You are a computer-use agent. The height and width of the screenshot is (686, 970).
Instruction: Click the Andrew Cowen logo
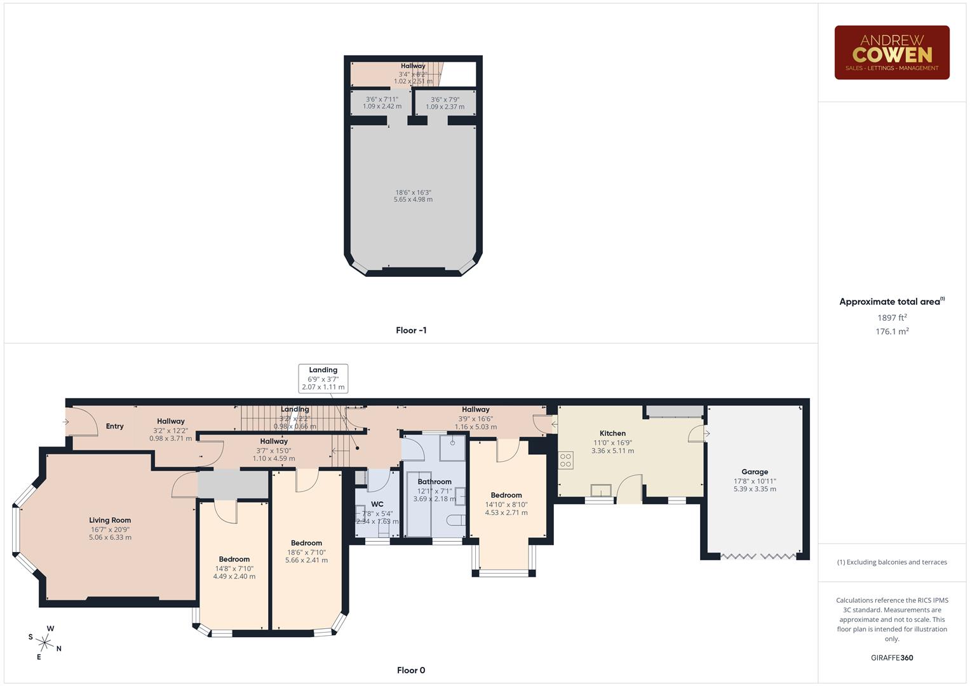coord(891,53)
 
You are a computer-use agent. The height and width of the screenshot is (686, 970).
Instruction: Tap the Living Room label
coord(110,520)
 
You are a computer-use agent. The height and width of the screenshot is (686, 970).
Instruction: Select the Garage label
coord(755,472)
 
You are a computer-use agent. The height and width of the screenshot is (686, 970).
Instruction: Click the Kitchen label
coord(612,433)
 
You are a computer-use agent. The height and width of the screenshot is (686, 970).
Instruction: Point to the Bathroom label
coord(434,481)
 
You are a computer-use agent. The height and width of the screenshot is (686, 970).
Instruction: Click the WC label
coord(377,504)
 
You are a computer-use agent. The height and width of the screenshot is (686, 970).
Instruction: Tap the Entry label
coord(115,426)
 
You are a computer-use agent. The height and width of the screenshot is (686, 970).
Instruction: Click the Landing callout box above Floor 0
coord(323,379)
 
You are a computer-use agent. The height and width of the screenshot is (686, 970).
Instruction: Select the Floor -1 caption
coord(411,330)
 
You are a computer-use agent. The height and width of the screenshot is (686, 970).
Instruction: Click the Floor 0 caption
coord(411,670)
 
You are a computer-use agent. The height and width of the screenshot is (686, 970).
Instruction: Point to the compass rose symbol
coord(45,642)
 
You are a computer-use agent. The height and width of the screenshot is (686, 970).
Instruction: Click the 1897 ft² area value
coord(892,318)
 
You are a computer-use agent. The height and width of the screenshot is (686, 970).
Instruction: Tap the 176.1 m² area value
coord(892,332)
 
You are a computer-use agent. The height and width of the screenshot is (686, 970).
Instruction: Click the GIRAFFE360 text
coord(892,658)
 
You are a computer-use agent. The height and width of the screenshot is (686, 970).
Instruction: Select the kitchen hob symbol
coord(565,460)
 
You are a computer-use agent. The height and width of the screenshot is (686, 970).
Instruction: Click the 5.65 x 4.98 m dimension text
coord(413,199)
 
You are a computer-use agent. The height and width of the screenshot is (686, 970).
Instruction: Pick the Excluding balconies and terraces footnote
coord(892,562)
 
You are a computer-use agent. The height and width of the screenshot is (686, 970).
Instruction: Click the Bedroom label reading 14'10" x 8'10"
coord(506,495)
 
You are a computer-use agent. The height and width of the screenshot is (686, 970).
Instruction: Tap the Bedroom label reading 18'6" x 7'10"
coord(306,543)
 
